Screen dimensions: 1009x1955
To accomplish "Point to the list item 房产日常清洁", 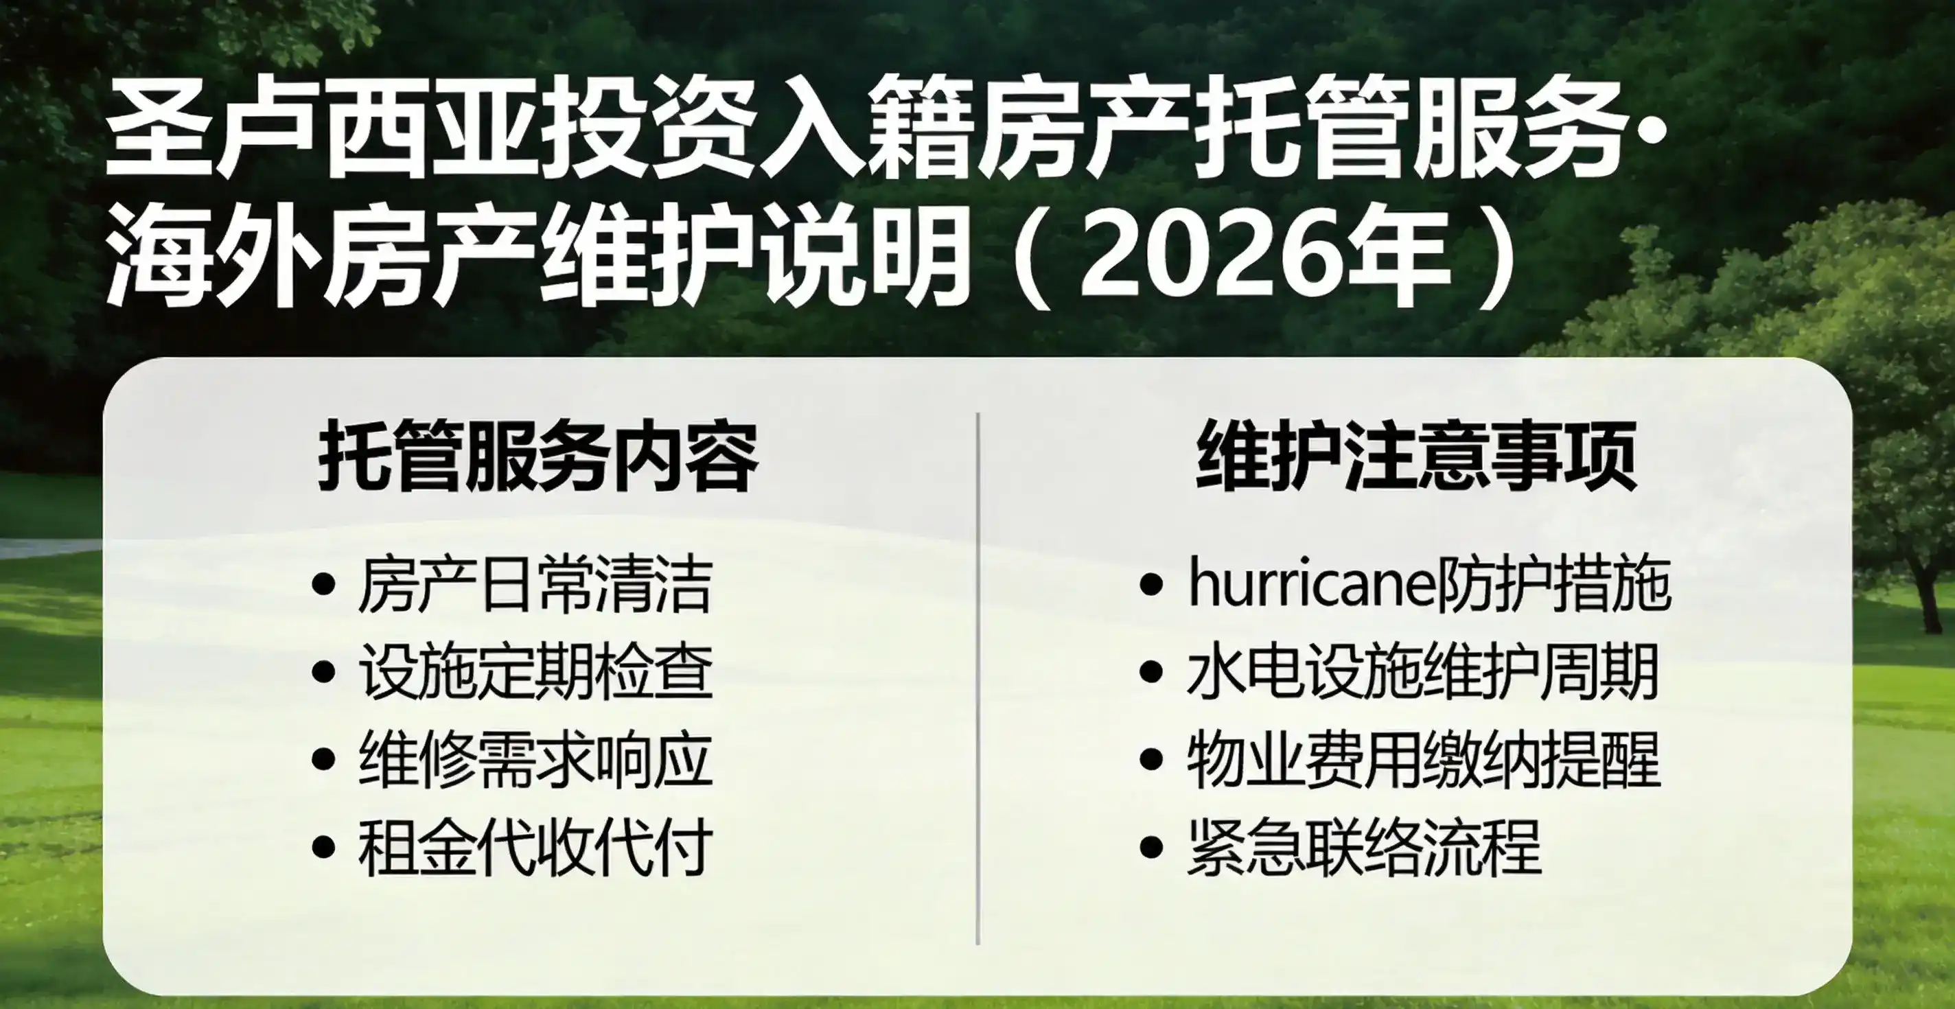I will (x=535, y=584).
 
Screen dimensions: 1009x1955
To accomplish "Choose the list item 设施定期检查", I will (x=535, y=671).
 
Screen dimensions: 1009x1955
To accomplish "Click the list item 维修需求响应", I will (x=535, y=758).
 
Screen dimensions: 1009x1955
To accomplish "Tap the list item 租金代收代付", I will (x=535, y=846).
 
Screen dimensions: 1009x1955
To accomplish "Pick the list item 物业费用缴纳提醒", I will (x=1423, y=758).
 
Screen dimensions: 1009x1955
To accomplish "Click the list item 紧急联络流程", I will (x=1364, y=846).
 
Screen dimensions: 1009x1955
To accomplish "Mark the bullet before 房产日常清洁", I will (x=324, y=585).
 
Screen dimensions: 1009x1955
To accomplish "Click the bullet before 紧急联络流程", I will (x=1151, y=846).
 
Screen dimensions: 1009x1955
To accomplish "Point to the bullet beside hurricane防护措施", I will (x=1151, y=585).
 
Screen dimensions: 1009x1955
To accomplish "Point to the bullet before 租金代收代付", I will (x=324, y=846).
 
